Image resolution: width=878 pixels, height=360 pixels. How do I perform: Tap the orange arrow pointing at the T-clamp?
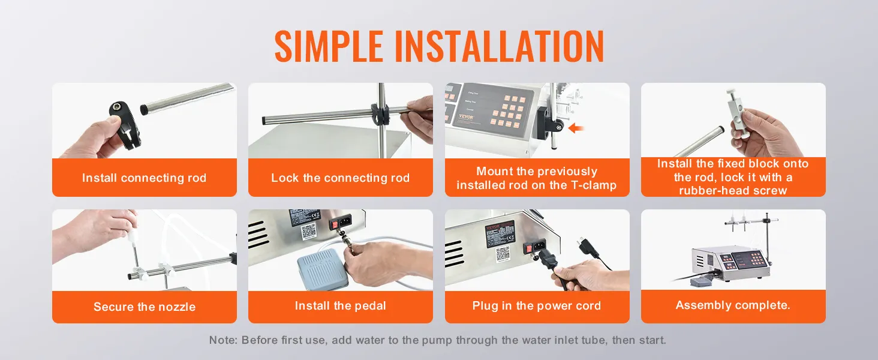pyautogui.click(x=576, y=128)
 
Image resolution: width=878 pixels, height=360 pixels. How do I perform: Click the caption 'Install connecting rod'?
pyautogui.click(x=145, y=178)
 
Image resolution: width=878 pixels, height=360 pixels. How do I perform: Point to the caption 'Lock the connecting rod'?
pyautogui.click(x=341, y=178)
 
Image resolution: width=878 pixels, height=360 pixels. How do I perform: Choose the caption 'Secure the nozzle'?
pyautogui.click(x=145, y=307)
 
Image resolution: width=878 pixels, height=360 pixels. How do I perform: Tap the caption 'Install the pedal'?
pyautogui.click(x=341, y=305)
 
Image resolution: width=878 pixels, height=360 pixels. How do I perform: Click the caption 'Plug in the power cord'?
pyautogui.click(x=537, y=305)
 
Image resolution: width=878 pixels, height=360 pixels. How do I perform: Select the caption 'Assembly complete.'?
pyautogui.click(x=733, y=305)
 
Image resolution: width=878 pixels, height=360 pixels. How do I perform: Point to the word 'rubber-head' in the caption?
pyautogui.click(x=711, y=191)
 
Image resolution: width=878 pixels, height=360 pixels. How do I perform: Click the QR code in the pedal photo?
pyautogui.click(x=308, y=232)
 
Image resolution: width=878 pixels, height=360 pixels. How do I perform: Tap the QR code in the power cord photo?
pyautogui.click(x=503, y=254)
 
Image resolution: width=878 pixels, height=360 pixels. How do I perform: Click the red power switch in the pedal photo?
pyautogui.click(x=334, y=224)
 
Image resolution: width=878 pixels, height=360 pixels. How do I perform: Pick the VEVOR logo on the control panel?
pyautogui.click(x=467, y=117)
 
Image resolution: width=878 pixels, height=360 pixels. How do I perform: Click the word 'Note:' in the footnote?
pyautogui.click(x=224, y=340)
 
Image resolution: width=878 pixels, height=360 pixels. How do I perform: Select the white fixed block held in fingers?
pyautogui.click(x=737, y=116)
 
